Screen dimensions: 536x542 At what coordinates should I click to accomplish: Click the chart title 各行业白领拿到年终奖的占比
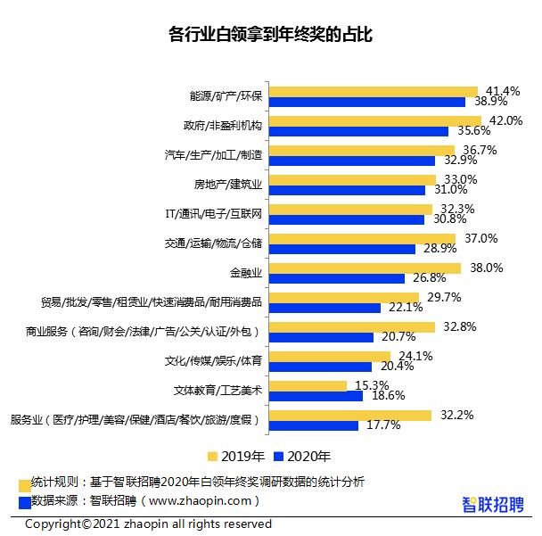pos(270,35)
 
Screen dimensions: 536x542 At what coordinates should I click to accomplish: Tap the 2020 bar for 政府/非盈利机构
pos(358,131)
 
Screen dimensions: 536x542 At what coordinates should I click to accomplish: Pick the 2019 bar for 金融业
pos(365,268)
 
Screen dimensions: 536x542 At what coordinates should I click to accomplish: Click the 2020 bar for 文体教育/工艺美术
pos(316,395)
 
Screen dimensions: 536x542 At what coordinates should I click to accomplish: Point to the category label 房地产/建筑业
pos(228,185)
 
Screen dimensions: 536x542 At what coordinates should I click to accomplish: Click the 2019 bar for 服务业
pos(350,415)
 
